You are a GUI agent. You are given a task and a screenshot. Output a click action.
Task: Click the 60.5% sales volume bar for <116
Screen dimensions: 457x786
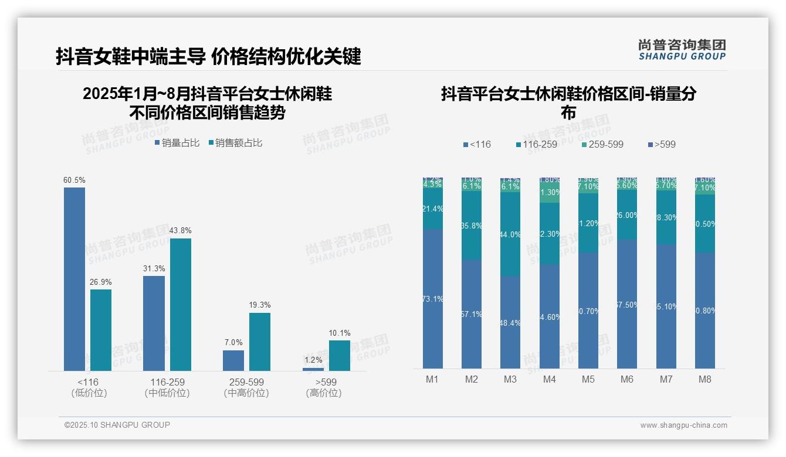(x=74, y=279)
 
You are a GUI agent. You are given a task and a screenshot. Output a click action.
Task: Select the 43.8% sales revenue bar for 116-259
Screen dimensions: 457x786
(x=181, y=304)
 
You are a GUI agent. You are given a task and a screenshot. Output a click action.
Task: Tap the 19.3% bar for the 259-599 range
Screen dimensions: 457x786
(x=260, y=342)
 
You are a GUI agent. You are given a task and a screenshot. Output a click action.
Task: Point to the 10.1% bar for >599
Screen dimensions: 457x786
(x=339, y=355)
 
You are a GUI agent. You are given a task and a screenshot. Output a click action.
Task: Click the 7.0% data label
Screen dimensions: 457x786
(x=233, y=342)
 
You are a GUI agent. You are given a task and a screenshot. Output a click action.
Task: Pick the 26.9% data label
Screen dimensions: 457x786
(x=101, y=282)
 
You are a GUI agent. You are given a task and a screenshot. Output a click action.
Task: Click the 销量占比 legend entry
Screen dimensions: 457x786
(x=177, y=143)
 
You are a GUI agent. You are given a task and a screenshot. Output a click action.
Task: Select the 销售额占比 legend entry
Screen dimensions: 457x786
(x=235, y=143)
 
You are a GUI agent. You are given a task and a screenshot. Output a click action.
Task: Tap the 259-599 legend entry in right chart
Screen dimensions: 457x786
(x=602, y=144)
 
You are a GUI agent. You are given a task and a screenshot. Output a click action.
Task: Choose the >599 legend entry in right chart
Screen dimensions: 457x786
(x=662, y=144)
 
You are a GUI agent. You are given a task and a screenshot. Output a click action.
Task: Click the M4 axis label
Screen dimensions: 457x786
(x=549, y=379)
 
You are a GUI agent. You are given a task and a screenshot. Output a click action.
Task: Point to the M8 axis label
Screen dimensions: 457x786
(x=704, y=379)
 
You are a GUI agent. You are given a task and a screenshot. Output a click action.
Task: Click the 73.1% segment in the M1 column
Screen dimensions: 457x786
(x=433, y=299)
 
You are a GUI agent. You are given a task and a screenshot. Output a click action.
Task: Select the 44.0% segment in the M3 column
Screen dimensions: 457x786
(x=510, y=234)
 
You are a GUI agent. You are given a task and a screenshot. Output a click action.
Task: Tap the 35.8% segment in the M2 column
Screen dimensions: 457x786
(x=472, y=226)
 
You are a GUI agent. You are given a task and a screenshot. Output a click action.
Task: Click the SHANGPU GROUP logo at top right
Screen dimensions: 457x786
(x=682, y=50)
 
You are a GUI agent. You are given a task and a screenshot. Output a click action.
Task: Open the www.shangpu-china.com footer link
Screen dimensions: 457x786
(x=683, y=425)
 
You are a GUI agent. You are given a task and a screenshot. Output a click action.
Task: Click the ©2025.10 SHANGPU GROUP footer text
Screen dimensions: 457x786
(x=117, y=425)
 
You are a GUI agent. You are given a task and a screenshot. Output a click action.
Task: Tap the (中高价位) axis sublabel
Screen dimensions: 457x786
(x=246, y=393)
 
